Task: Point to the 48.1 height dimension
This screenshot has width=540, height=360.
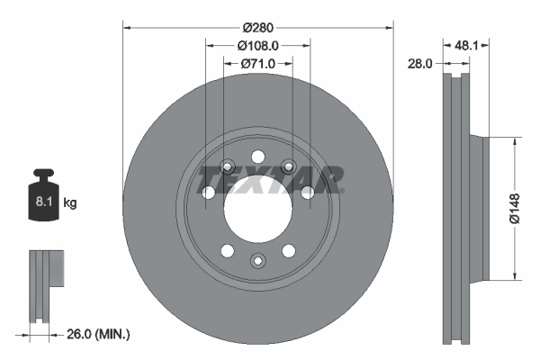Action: coord(465,42)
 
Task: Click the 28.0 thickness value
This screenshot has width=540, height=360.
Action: coord(421,64)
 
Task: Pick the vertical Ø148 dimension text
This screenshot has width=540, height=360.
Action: coord(514,207)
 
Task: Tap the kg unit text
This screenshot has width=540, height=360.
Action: coord(70,203)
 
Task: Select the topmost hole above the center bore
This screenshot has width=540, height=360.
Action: coord(257,154)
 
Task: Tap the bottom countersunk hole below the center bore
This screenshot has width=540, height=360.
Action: coord(257,261)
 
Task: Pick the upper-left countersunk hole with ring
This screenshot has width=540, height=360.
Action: coord(227,166)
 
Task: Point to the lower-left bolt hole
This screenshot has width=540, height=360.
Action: coord(227,249)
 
